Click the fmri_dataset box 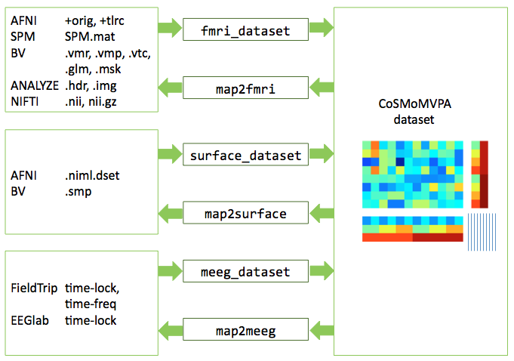(246, 30)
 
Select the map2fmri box (246, 88)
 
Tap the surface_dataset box (246, 156)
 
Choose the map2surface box (246, 214)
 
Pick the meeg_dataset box (246, 270)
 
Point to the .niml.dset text (92, 175)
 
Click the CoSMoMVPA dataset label (421, 111)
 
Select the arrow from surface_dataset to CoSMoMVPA (321, 156)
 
